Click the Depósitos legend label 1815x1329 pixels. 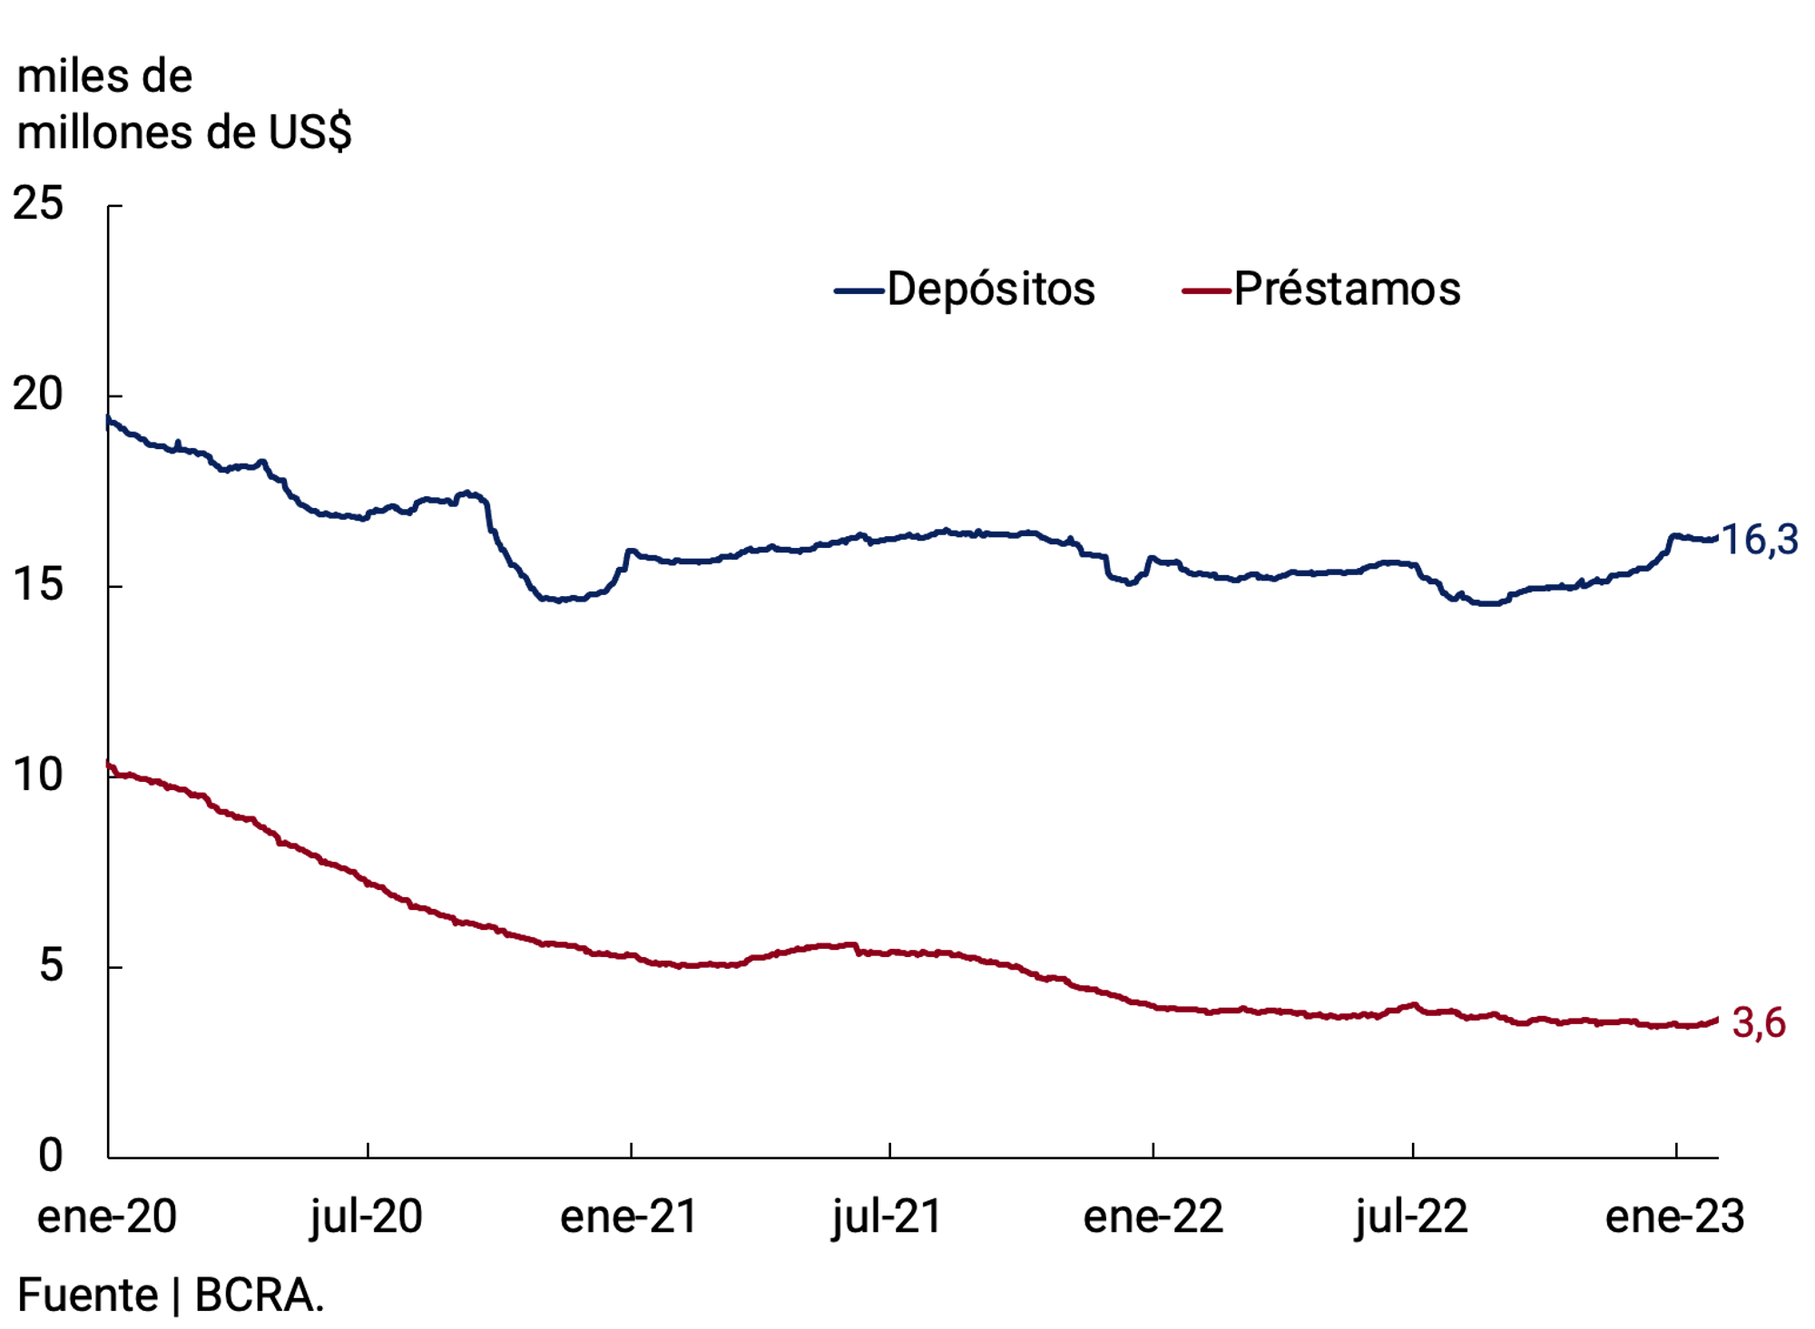(x=990, y=289)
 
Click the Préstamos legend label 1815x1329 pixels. (x=1347, y=289)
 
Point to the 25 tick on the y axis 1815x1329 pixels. (x=38, y=203)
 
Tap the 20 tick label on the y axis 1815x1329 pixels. (x=38, y=394)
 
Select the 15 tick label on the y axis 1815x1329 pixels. (x=38, y=584)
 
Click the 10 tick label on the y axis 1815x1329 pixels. (x=38, y=775)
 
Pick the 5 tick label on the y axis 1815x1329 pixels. (x=51, y=965)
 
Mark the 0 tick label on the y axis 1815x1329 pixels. (x=51, y=1156)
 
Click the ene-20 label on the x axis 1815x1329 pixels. (x=106, y=1217)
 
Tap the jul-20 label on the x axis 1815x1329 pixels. (x=367, y=1217)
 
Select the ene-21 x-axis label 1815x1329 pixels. (x=629, y=1217)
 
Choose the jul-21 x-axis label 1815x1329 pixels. (x=888, y=1217)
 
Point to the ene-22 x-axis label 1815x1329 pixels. (x=1153, y=1217)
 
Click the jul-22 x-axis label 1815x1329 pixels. (x=1411, y=1217)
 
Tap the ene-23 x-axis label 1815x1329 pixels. (x=1674, y=1217)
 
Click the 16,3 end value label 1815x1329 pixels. (x=1759, y=541)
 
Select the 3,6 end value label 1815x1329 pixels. (x=1759, y=1023)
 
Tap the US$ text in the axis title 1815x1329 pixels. (x=309, y=132)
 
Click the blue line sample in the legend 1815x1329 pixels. (x=858, y=291)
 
